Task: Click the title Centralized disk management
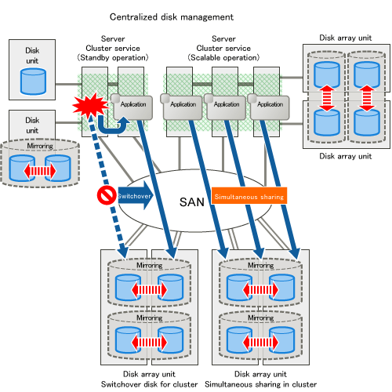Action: [172, 17]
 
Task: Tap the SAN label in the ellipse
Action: [192, 202]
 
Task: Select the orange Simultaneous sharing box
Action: [249, 195]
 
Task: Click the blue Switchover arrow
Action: [136, 195]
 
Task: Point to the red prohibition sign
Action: [107, 195]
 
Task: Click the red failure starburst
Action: [90, 105]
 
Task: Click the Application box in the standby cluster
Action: [133, 107]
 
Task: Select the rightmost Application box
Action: [270, 107]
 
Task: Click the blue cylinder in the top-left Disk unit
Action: [33, 81]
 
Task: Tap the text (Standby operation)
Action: [113, 57]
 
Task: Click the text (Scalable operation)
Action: [223, 57]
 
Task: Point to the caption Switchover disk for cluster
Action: [149, 384]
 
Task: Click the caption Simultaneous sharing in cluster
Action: [260, 384]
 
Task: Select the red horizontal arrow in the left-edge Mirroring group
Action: [40, 171]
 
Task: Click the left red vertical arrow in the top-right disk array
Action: [327, 98]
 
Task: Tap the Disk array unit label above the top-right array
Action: [345, 38]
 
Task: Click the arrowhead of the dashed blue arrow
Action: [123, 252]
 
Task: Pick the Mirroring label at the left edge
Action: [40, 146]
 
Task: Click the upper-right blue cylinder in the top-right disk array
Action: [367, 74]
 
